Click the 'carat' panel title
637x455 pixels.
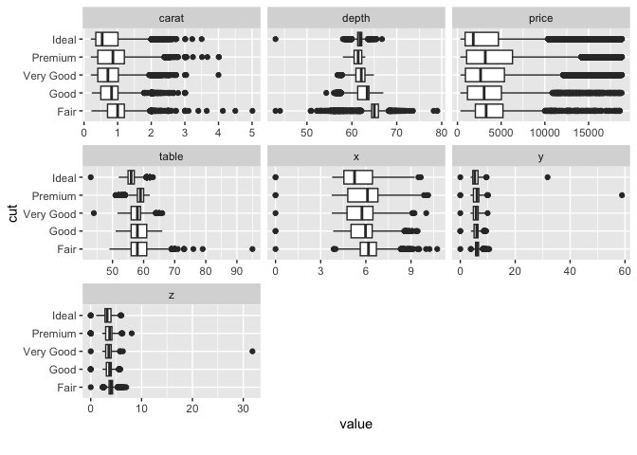[172, 18]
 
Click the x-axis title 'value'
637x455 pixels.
[355, 425]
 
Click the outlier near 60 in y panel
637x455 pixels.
[622, 195]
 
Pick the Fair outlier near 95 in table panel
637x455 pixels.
[252, 249]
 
